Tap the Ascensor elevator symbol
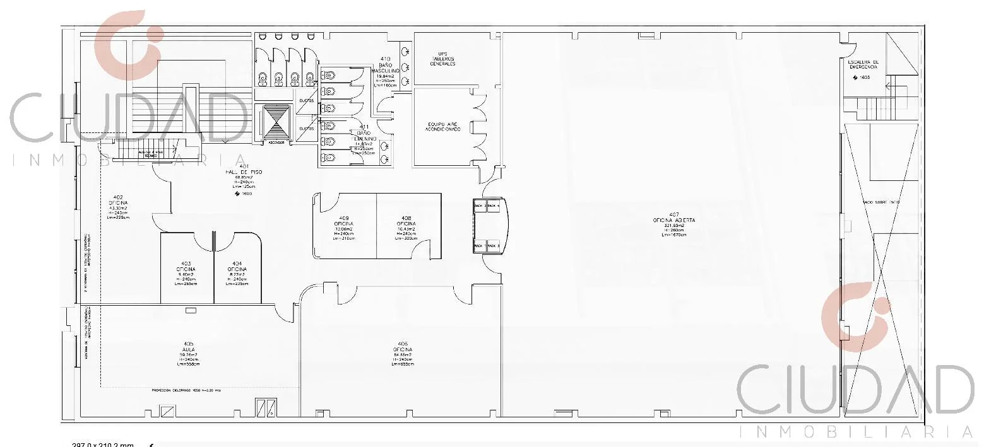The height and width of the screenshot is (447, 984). (x=276, y=123)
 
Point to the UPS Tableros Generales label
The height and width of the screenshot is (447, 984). (x=442, y=59)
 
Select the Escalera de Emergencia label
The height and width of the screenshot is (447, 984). (x=863, y=65)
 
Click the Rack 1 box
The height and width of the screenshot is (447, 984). (x=479, y=245)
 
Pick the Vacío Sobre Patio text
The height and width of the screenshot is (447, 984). (x=881, y=202)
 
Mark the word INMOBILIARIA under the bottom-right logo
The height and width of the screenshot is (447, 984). (x=855, y=432)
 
